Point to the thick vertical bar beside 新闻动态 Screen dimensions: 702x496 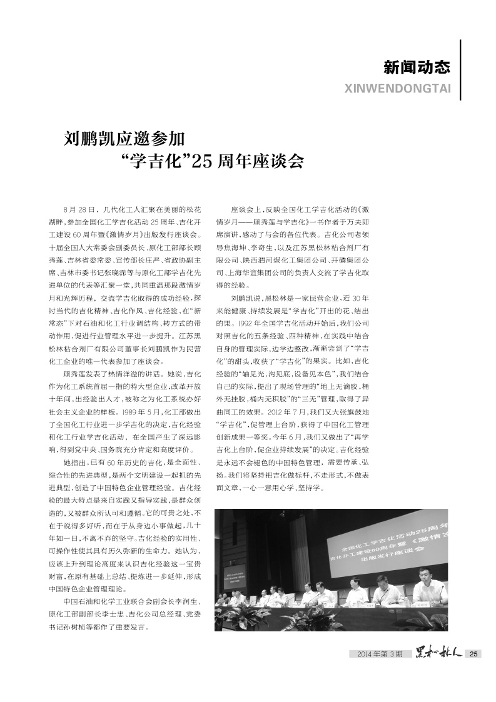461,70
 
